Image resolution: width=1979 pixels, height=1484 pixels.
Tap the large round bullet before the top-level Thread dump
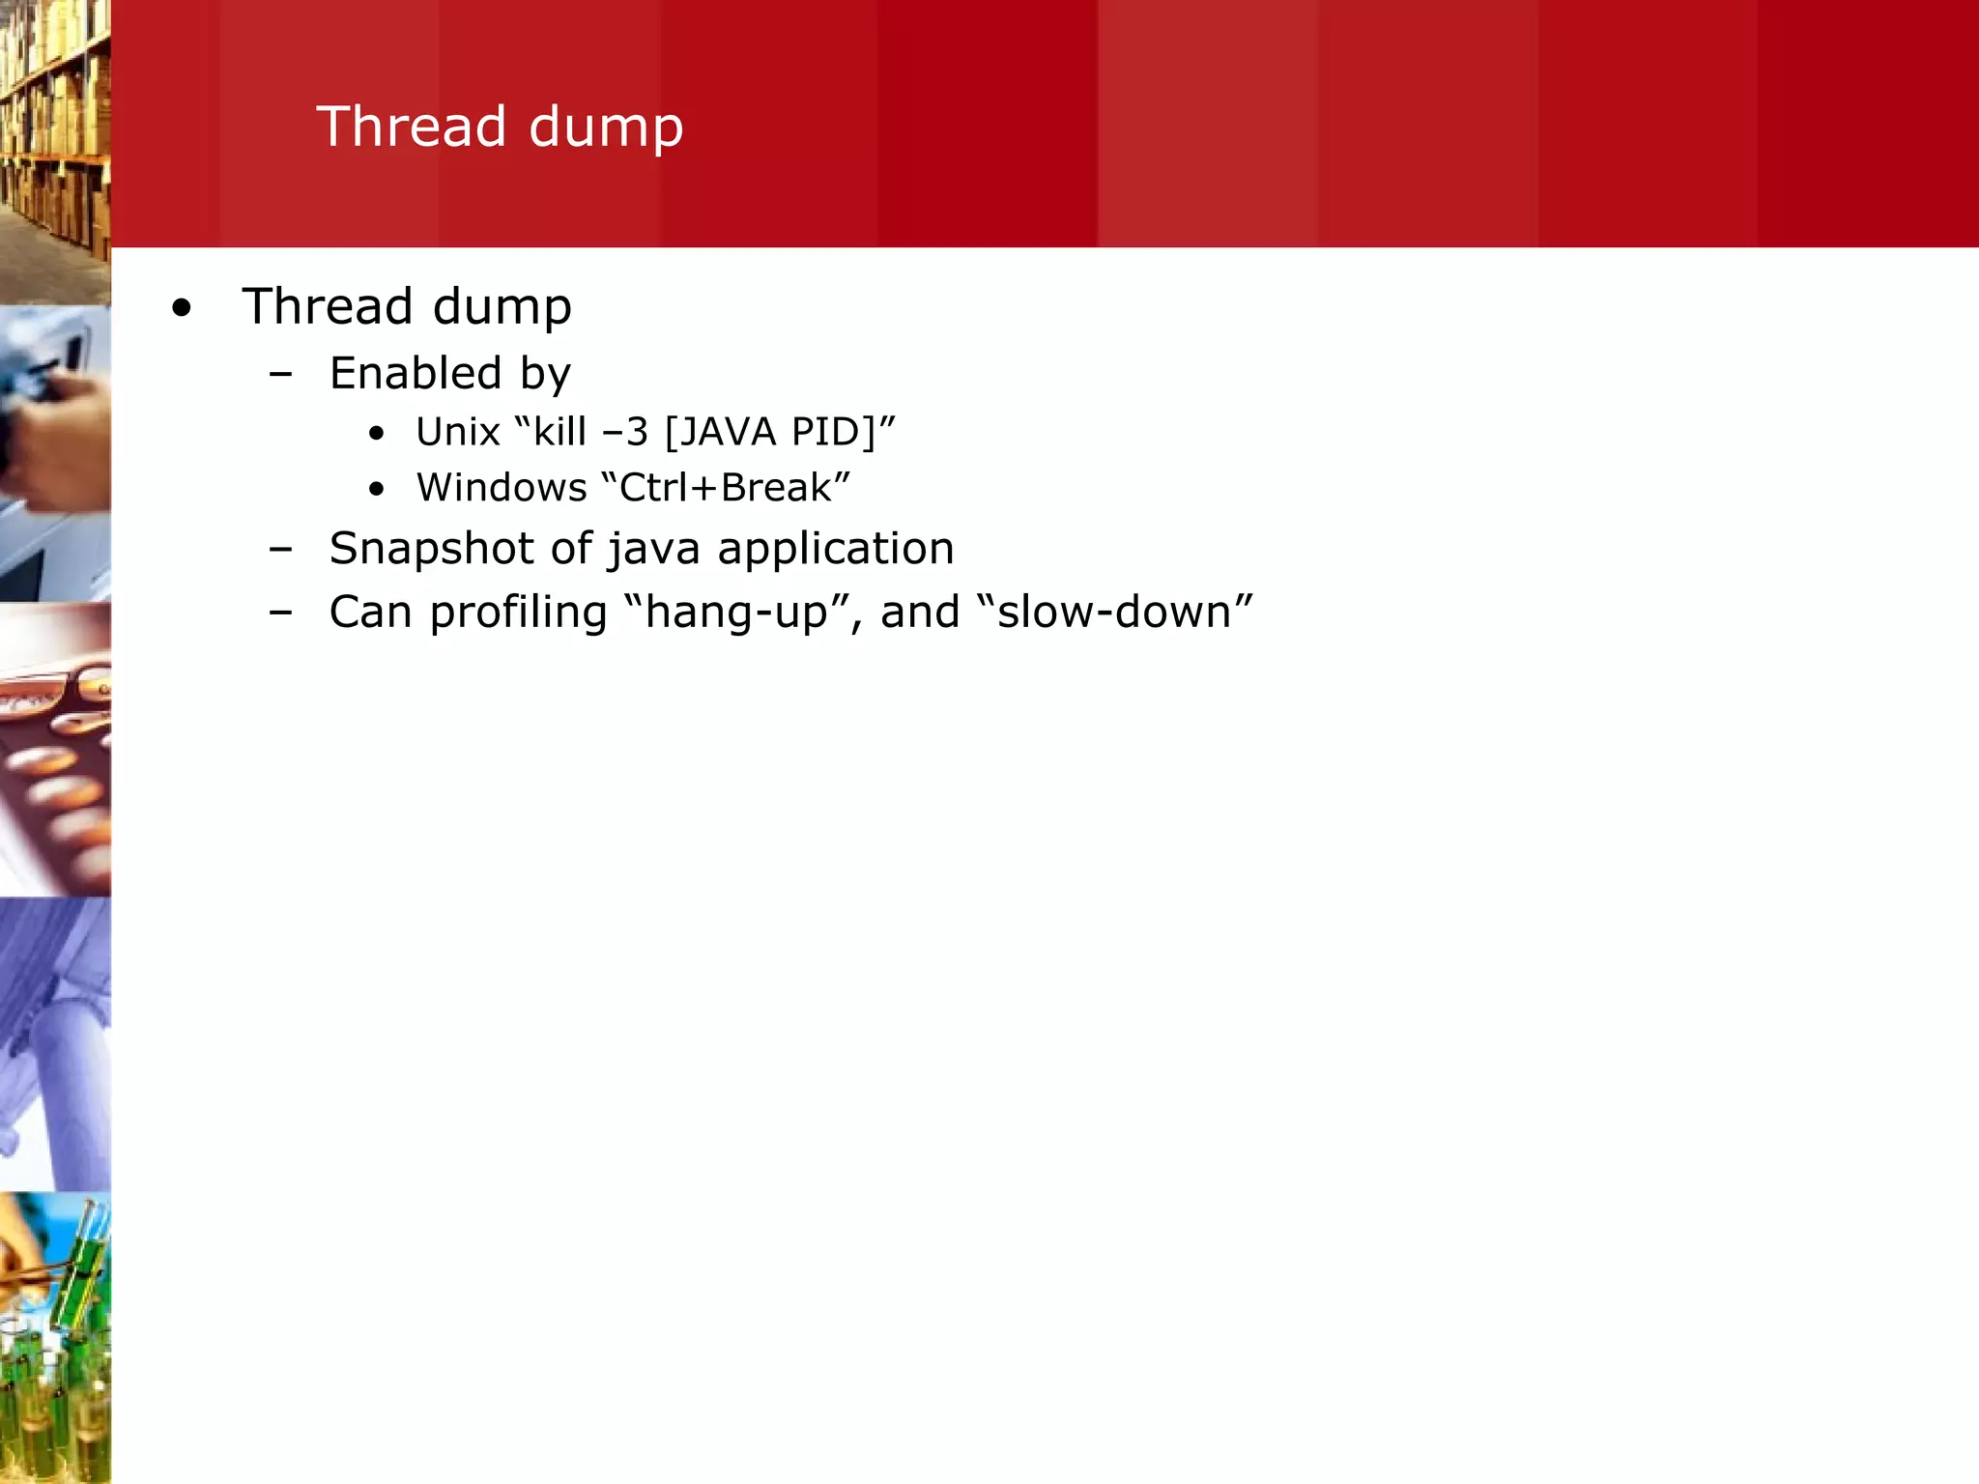pos(182,309)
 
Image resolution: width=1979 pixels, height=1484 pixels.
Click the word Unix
pos(457,432)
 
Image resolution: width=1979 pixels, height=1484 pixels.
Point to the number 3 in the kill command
pos(637,432)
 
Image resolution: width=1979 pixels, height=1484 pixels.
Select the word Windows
pos(502,488)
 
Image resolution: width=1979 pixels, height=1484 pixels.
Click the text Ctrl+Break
pos(725,488)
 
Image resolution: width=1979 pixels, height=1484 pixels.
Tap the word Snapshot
pos(433,550)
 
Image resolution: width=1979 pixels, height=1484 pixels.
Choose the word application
pos(835,550)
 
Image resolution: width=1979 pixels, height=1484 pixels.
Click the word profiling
pos(518,613)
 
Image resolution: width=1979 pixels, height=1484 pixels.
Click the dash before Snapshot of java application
pos(281,550)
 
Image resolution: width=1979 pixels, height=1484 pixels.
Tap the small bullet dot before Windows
pos(377,490)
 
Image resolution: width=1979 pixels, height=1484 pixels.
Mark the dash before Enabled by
pos(281,375)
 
